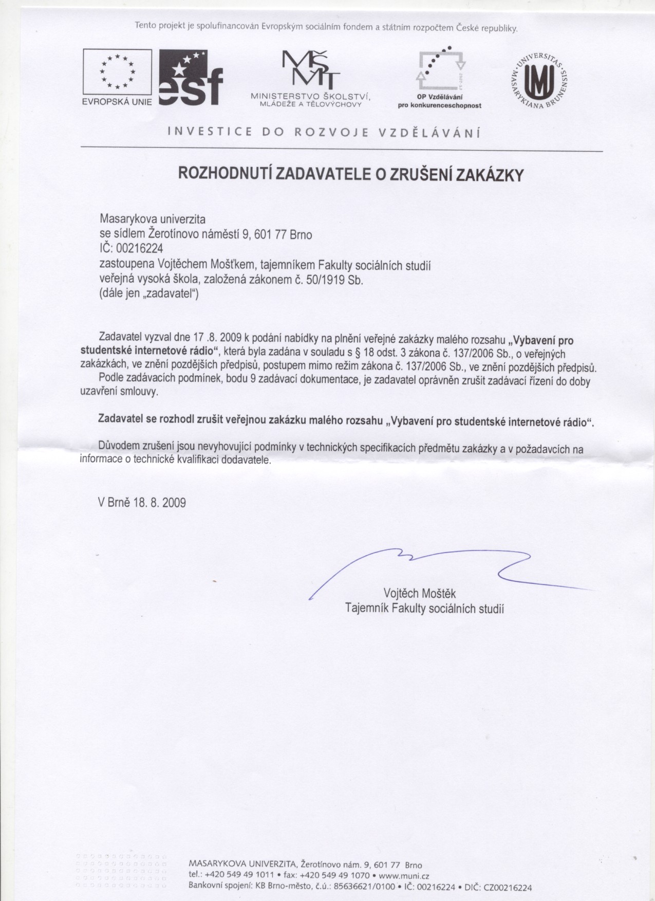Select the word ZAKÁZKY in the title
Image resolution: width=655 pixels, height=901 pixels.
pos(490,175)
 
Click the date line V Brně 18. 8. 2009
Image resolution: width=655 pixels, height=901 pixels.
pos(142,502)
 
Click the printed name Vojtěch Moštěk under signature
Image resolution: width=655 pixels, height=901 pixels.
pos(420,594)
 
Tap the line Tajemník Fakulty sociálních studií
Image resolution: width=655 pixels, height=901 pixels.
pos(424,609)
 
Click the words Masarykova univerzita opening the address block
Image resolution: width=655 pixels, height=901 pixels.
pos(152,219)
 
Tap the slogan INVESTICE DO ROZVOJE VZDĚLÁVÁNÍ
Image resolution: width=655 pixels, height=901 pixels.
pos(324,133)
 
